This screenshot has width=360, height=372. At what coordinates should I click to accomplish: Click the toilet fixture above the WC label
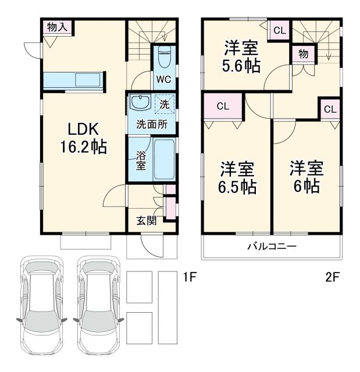163,58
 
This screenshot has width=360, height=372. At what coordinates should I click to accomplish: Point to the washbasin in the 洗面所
140,103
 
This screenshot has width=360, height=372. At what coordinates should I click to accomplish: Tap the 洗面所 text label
152,123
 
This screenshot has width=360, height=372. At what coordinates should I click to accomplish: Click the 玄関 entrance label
146,220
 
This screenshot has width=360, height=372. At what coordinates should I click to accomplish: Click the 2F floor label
333,277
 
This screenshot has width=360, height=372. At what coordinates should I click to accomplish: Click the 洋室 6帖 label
307,177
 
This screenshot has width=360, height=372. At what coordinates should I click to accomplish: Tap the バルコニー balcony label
272,246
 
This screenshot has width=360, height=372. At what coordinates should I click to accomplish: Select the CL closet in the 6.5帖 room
223,106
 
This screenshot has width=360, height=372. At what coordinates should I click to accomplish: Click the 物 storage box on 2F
304,53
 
